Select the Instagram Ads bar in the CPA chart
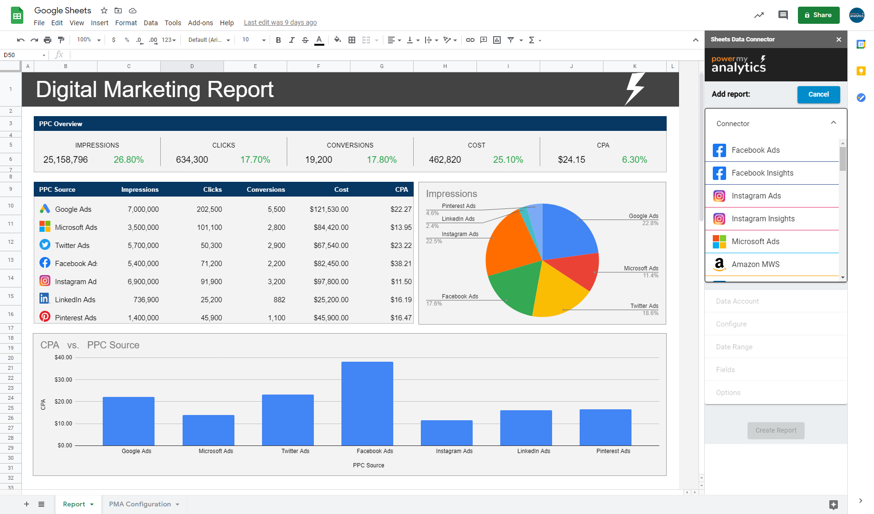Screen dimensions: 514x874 (447, 433)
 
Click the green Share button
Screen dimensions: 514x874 (818, 15)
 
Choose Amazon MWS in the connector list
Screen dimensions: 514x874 (755, 264)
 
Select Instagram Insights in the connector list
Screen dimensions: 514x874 (763, 218)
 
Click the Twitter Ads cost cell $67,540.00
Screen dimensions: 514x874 (331, 245)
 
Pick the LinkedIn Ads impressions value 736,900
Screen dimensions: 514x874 (146, 299)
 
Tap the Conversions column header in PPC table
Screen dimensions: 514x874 (266, 189)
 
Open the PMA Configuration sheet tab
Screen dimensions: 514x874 (140, 504)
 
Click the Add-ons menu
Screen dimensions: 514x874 (200, 23)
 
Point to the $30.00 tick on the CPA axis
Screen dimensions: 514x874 (63, 380)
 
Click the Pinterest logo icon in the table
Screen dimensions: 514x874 (45, 316)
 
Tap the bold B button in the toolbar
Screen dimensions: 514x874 (279, 40)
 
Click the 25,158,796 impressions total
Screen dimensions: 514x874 (66, 159)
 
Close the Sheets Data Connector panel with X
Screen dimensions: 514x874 (839, 40)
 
